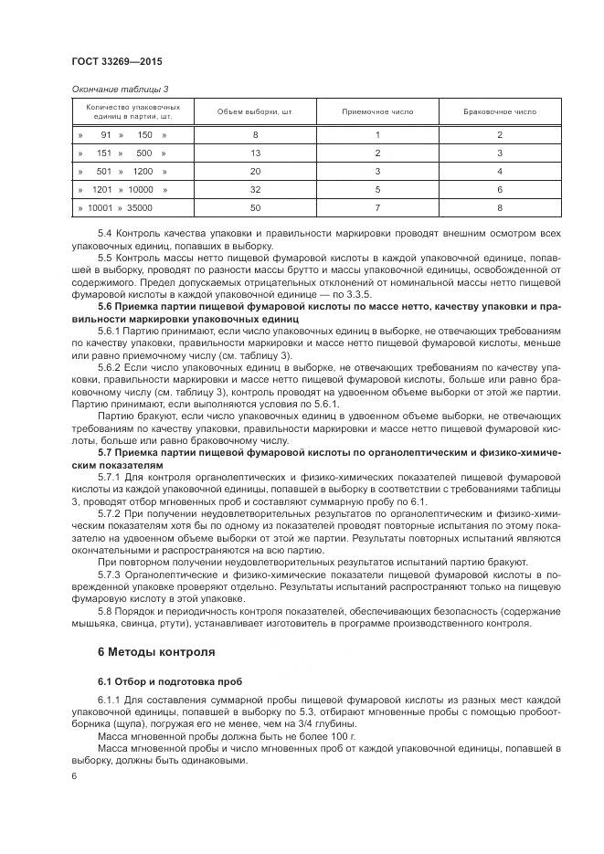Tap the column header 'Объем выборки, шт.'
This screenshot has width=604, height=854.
(x=255, y=112)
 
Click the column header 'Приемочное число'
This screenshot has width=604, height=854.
(x=376, y=112)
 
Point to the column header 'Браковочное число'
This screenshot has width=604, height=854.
(x=500, y=112)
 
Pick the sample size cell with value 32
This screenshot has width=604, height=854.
(x=255, y=190)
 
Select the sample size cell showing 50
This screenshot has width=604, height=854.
(x=255, y=208)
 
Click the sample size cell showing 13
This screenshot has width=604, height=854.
(x=255, y=153)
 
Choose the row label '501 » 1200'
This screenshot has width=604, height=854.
(x=122, y=172)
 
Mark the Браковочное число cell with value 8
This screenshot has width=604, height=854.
(x=500, y=208)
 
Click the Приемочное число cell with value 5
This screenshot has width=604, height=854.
(x=376, y=190)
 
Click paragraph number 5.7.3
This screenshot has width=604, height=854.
(x=109, y=576)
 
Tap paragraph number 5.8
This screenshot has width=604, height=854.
(x=104, y=611)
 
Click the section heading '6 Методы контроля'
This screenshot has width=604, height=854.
(x=155, y=653)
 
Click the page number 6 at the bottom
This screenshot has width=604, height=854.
(x=73, y=775)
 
